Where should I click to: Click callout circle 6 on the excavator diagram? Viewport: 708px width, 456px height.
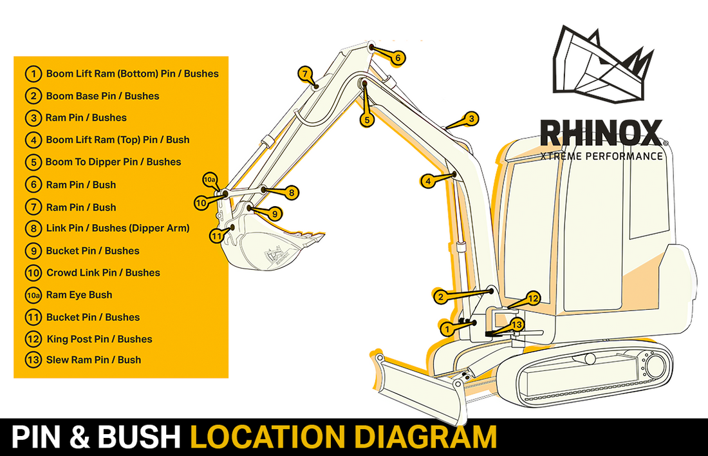click(x=398, y=58)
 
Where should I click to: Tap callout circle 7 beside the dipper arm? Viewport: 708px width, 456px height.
click(x=304, y=73)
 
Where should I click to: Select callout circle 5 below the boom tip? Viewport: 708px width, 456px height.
click(x=366, y=119)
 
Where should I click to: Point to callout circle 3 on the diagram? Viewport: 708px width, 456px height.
click(x=472, y=119)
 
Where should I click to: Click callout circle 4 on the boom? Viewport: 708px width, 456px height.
click(x=427, y=181)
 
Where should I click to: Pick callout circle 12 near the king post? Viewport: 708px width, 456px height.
click(x=533, y=298)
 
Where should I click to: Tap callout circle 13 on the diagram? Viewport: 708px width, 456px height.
click(x=517, y=324)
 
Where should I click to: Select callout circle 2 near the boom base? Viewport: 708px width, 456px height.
click(x=440, y=296)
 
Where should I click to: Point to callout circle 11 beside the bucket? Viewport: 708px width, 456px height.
click(x=216, y=236)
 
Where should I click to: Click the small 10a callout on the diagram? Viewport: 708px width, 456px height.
click(x=210, y=179)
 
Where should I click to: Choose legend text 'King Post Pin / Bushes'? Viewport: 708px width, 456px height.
click(x=99, y=339)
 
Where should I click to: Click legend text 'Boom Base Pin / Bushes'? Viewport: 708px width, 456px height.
click(x=102, y=96)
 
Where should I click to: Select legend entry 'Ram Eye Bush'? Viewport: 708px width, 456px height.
click(x=79, y=295)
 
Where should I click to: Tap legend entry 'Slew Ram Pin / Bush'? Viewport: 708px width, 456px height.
click(x=93, y=360)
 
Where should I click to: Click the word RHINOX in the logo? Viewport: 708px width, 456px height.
click(x=600, y=133)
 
